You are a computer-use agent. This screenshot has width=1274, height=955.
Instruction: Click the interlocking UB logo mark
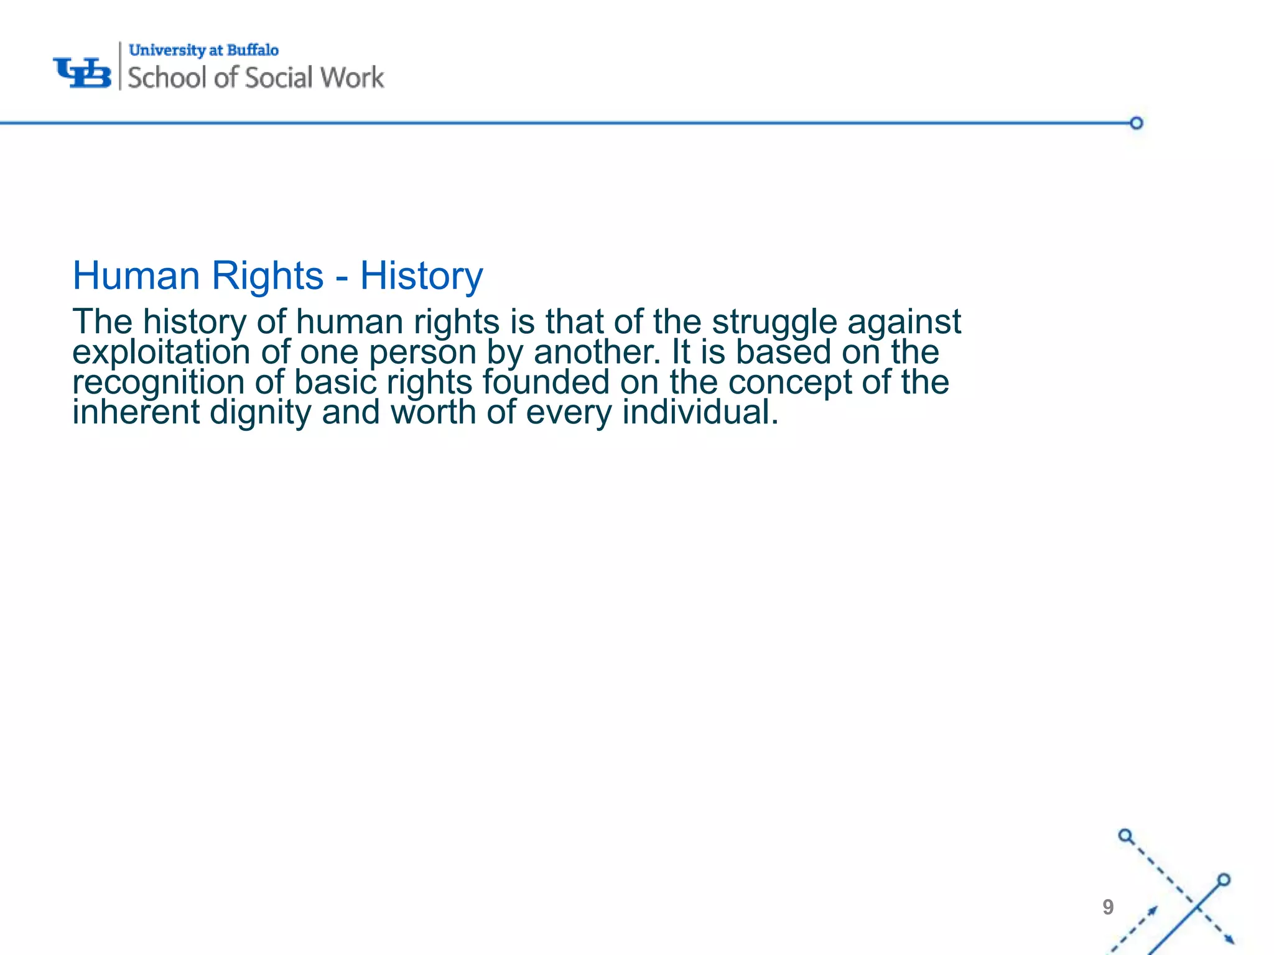(82, 73)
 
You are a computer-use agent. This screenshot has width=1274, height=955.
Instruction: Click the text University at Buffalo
(203, 50)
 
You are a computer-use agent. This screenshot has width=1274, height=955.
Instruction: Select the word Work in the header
(353, 78)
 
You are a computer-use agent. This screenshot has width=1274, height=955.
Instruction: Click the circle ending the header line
(1137, 123)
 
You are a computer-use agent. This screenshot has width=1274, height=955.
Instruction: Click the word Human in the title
(136, 275)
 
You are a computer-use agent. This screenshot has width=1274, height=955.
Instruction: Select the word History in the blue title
(421, 275)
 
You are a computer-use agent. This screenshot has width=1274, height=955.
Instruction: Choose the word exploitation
(161, 353)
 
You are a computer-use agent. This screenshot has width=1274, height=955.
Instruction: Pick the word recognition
(158, 382)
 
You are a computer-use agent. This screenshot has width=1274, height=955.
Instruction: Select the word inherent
(136, 412)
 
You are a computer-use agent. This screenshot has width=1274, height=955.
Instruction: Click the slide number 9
(1108, 907)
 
